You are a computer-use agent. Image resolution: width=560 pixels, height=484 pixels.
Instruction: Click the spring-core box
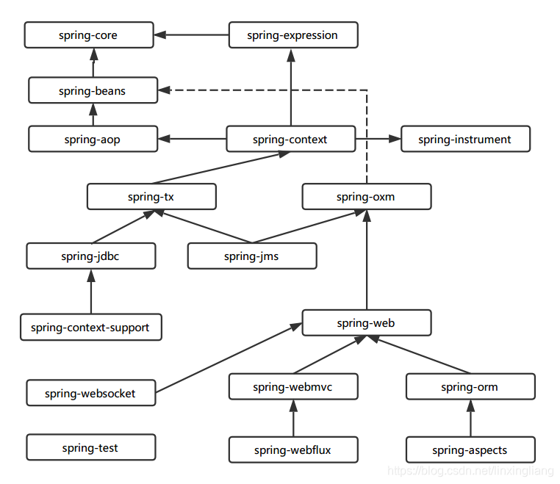pyautogui.click(x=88, y=35)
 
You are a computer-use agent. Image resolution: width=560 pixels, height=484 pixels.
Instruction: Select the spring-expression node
pyautogui.click(x=292, y=35)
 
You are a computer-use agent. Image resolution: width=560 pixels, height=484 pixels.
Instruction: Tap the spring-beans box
pyautogui.click(x=93, y=91)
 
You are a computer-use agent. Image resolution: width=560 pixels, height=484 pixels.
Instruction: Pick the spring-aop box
pyautogui.click(x=93, y=140)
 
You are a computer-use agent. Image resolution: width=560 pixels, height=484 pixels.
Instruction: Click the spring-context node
pyautogui.click(x=290, y=140)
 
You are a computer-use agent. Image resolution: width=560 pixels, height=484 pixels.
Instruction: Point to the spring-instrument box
pyautogui.click(x=464, y=140)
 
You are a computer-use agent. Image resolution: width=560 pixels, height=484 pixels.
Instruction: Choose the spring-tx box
pyautogui.click(x=151, y=197)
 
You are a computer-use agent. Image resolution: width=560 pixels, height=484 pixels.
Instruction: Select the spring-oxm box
pyautogui.click(x=366, y=197)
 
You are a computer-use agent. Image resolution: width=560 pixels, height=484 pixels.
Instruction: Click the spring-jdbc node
pyautogui.click(x=90, y=256)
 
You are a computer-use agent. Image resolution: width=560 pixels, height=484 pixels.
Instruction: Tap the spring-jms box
pyautogui.click(x=251, y=256)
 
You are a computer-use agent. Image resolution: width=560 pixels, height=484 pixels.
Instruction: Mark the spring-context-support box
pyautogui.click(x=90, y=328)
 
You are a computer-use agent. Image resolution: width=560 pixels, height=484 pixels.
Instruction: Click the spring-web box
pyautogui.click(x=366, y=323)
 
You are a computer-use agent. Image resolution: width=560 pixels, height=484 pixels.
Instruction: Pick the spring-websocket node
pyautogui.click(x=90, y=393)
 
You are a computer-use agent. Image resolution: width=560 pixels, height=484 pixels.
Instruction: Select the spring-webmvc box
pyautogui.click(x=292, y=387)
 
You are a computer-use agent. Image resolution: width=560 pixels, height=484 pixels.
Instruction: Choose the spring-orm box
pyautogui.click(x=470, y=387)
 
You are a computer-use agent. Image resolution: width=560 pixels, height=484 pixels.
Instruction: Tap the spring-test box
pyautogui.click(x=90, y=447)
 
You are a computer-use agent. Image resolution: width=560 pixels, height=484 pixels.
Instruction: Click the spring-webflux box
pyautogui.click(x=292, y=449)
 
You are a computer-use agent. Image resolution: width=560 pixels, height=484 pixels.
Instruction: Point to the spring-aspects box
pyautogui.click(x=470, y=449)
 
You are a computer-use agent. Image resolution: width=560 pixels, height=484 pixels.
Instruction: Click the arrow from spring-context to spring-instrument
pyautogui.click(x=378, y=139)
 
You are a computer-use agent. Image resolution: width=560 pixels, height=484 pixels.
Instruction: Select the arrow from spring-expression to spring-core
pyautogui.click(x=192, y=35)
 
